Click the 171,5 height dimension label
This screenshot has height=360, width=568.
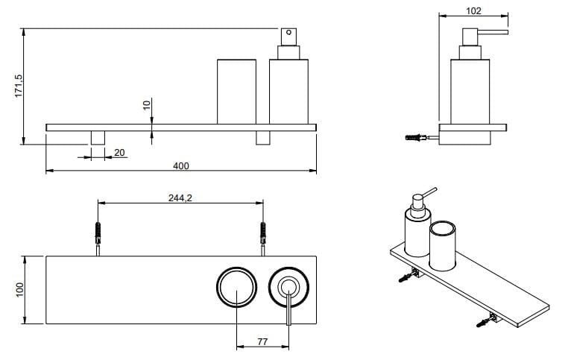pos(19,86)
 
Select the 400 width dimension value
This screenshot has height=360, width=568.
pos(180,166)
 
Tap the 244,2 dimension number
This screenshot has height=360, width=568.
pos(180,198)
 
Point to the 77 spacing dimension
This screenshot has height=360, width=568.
pos(262,341)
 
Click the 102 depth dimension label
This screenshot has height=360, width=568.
pos(473,11)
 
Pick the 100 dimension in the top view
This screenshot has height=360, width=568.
pos(19,290)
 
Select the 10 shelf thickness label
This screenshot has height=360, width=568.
pos(146,105)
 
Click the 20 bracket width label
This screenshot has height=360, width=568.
pos(119,153)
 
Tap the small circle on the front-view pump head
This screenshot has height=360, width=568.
pos(288,32)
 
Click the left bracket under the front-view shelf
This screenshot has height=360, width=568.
pos(98,138)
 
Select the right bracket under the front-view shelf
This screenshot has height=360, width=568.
pos(263,138)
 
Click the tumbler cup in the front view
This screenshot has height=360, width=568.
pos(236,92)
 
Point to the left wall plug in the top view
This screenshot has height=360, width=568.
pos(98,233)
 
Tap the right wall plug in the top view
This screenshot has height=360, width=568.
pos(263,233)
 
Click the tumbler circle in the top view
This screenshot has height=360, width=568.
pos(236,288)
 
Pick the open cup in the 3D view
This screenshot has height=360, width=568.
pos(442,245)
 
